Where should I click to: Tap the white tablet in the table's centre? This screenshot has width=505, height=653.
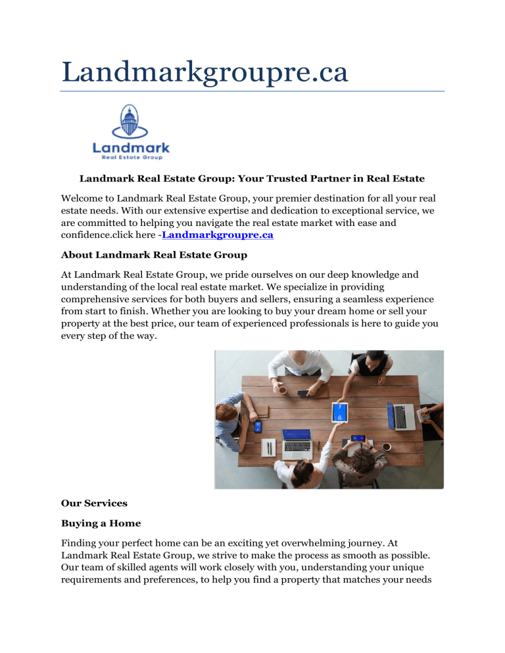tap(339, 412)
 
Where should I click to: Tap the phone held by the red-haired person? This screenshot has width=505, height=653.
tap(258, 427)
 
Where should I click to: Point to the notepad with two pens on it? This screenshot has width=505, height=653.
tap(268, 449)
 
